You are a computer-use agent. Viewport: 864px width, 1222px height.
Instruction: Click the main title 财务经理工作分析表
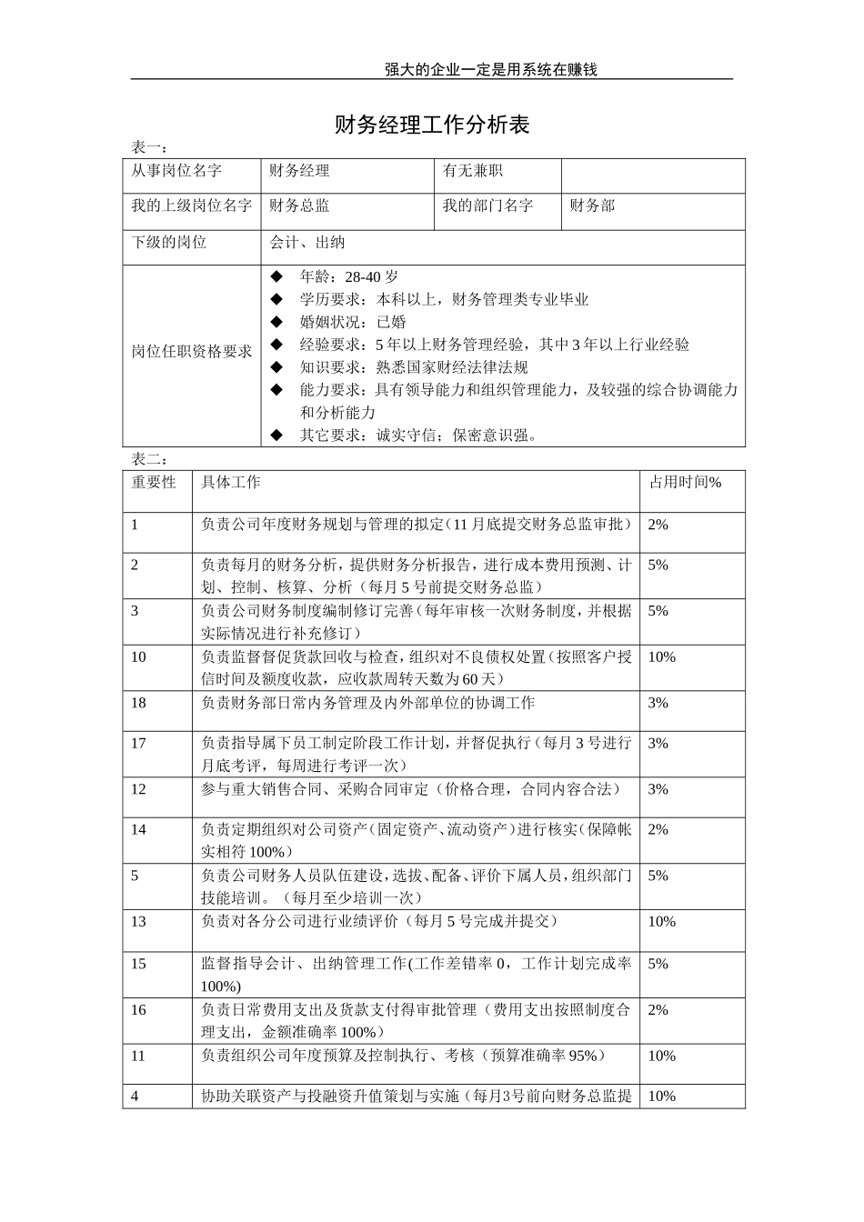(432, 125)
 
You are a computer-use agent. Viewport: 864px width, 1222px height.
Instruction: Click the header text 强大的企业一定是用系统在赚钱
(490, 70)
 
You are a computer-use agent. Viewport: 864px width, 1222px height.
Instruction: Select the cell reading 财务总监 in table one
(299, 206)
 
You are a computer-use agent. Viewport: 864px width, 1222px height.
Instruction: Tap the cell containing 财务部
(592, 206)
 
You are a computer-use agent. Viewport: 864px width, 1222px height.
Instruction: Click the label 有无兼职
(472, 171)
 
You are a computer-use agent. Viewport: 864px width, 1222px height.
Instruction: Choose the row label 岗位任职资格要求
(192, 351)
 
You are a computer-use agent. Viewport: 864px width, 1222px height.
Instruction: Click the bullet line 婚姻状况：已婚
(353, 322)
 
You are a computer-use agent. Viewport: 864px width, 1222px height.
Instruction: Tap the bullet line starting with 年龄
(348, 277)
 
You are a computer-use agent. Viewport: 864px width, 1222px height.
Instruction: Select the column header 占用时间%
(684, 483)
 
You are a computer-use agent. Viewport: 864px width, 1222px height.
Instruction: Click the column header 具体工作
(231, 483)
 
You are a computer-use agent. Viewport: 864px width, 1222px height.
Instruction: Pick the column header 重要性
(154, 483)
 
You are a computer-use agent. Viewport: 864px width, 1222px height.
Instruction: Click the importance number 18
(138, 703)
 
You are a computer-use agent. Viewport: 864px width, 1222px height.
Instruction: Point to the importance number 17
(138, 743)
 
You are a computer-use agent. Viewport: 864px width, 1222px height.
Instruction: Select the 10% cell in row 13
(661, 922)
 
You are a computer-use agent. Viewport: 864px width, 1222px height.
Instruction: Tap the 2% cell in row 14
(658, 829)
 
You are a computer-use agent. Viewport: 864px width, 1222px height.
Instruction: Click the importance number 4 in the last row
(135, 1097)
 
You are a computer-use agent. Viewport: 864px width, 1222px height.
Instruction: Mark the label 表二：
(149, 459)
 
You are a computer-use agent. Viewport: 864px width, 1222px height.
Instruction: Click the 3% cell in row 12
(658, 789)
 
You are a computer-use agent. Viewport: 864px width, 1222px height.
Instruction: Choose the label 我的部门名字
(487, 206)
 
